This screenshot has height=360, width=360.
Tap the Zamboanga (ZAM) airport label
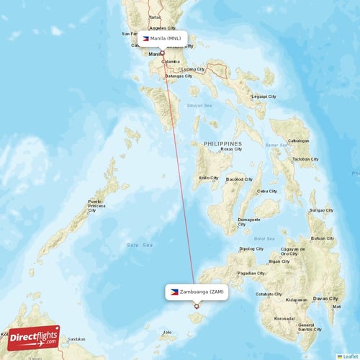pyautogui.click(x=196, y=292)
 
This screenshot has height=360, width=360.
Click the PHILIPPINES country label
pyautogui.click(x=222, y=144)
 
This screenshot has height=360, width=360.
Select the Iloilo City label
pyautogui.click(x=209, y=177)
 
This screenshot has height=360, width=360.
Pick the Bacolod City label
pyautogui.click(x=239, y=179)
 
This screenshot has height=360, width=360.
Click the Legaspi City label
pyautogui.click(x=264, y=96)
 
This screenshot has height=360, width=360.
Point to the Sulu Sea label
pyautogui.click(x=141, y=246)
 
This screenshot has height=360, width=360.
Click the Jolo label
pyautogui.click(x=167, y=333)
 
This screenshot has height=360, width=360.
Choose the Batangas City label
pyautogui.click(x=179, y=76)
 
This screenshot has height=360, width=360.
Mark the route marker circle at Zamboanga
pyautogui.click(x=196, y=306)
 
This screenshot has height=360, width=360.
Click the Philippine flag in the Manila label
pyautogui.click(x=147, y=38)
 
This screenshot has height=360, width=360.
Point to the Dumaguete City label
pyautogui.click(x=249, y=221)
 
